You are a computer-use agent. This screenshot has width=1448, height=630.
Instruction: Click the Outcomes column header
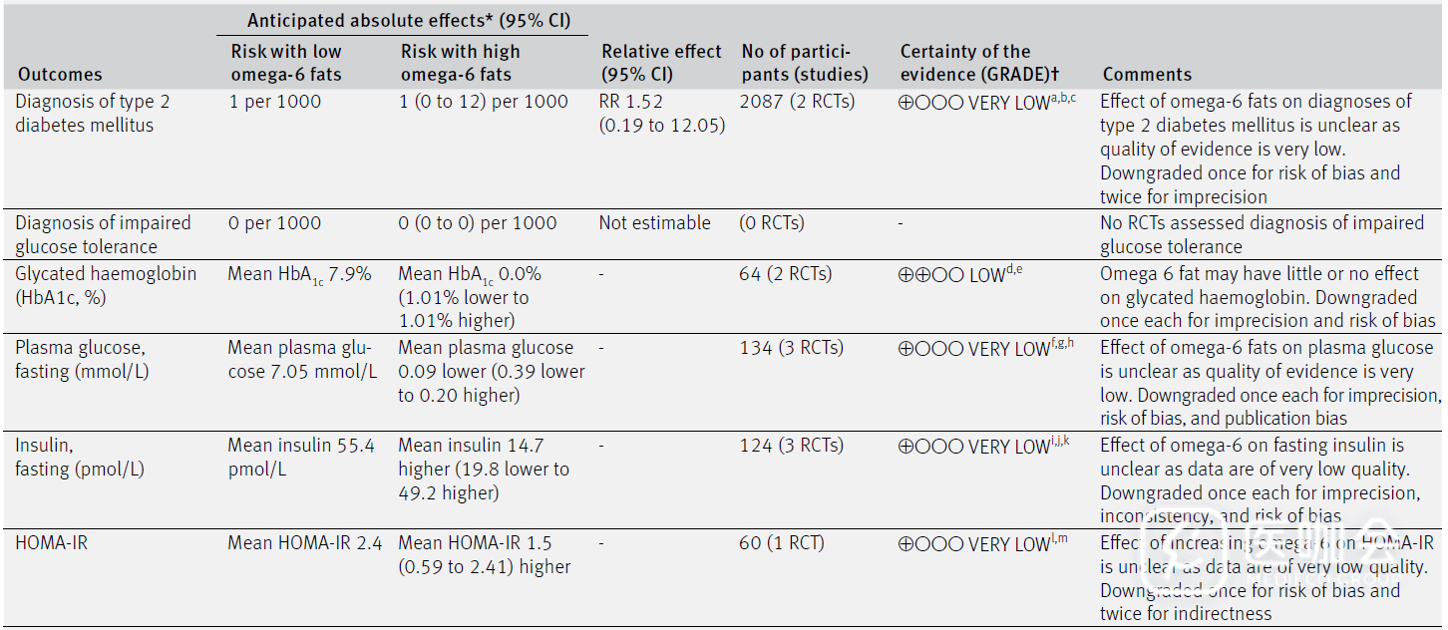60,75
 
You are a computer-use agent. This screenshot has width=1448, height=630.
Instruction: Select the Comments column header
1147,75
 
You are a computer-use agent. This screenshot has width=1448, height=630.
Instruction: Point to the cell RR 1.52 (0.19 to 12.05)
662,114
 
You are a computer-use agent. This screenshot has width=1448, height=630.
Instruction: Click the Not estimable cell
655,223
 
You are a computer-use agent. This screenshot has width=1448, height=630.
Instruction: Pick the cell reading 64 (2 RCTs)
786,274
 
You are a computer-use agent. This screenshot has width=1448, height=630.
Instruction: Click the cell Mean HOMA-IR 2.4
305,543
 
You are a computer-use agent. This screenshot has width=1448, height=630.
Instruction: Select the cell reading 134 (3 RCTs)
792,348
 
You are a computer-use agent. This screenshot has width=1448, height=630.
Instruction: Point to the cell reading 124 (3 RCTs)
792,446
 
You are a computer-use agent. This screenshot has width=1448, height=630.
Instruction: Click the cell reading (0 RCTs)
772,223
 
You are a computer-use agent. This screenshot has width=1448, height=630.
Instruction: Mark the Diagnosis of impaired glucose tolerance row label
103,235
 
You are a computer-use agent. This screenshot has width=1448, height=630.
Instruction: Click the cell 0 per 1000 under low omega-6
275,223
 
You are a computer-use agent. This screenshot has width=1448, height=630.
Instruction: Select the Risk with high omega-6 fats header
460,63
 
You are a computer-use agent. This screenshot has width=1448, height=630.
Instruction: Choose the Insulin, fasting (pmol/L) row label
80,458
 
